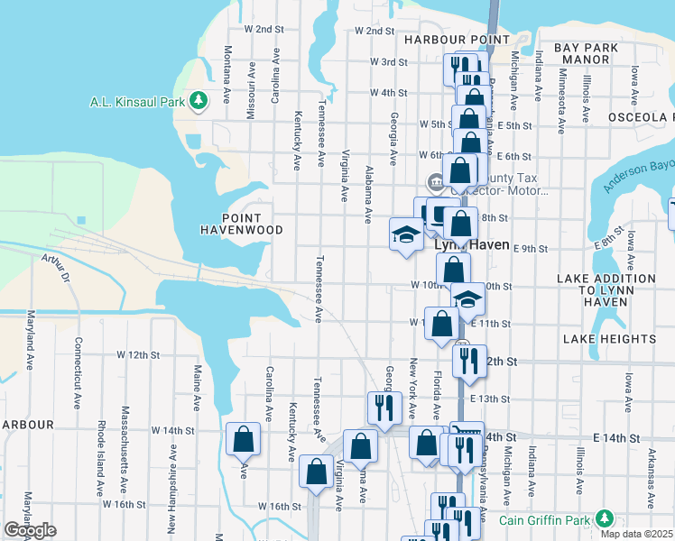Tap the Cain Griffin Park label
pyautogui.click(x=547, y=519)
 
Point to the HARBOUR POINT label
pyautogui.click(x=445, y=40)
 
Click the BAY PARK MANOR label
pyautogui.click(x=587, y=53)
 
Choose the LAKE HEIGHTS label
pyautogui.click(x=609, y=339)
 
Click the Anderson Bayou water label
pyautogui.click(x=639, y=175)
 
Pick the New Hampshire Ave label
pyautogui.click(x=171, y=492)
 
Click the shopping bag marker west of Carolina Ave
pyautogui.click(x=244, y=441)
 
